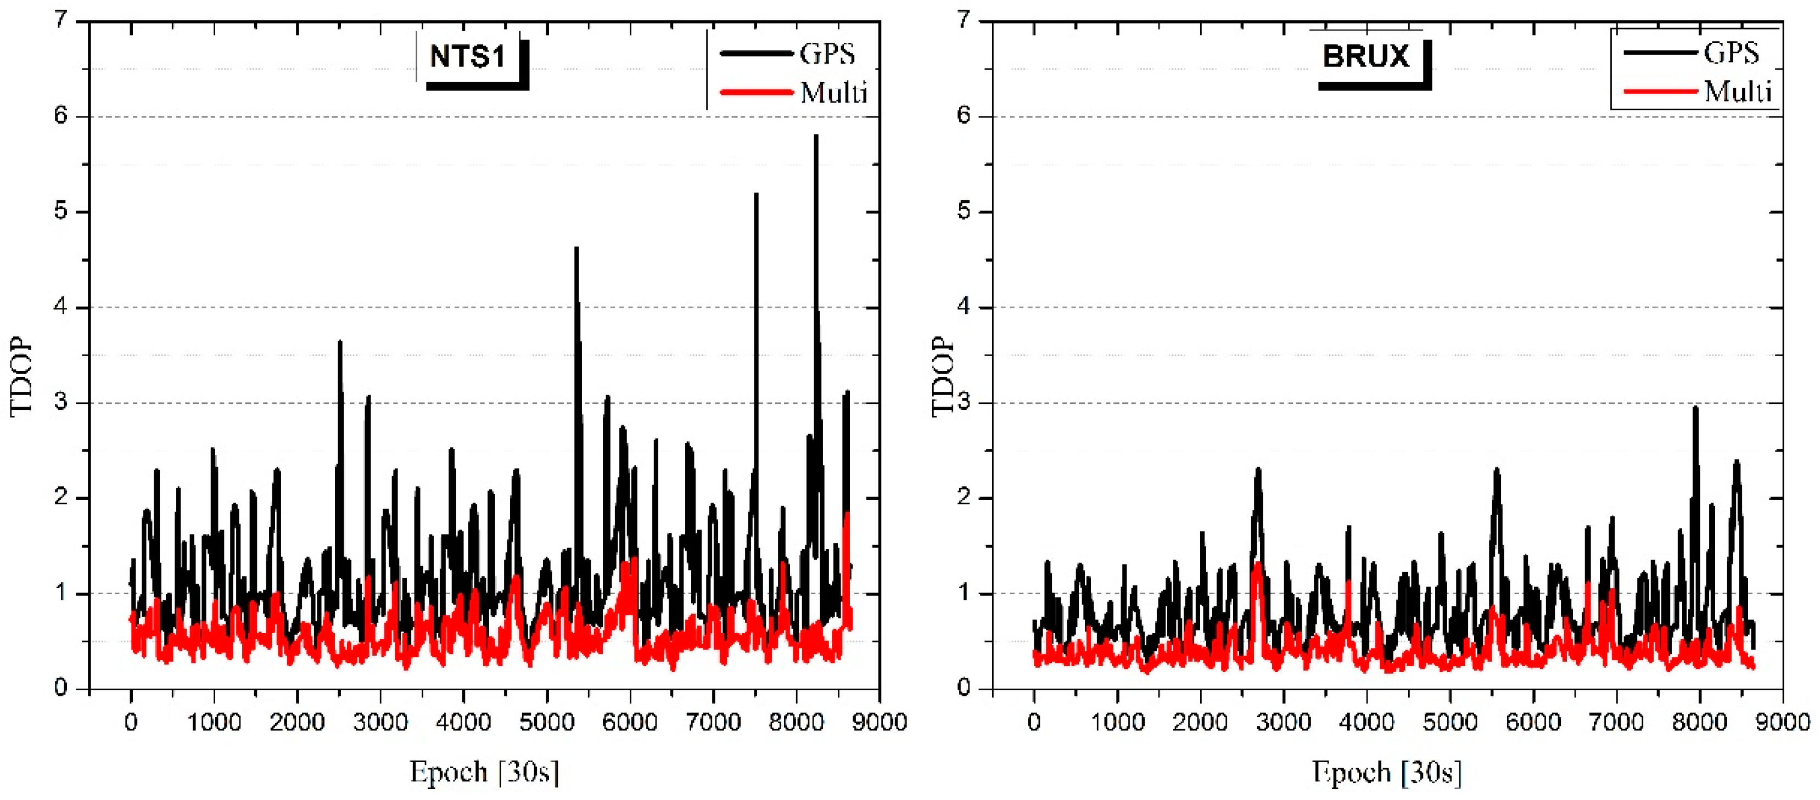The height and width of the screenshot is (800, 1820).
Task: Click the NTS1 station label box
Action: coord(468,57)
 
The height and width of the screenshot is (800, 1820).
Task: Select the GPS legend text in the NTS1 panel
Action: coord(827,54)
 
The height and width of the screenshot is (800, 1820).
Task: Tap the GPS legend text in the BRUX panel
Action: coord(1731,53)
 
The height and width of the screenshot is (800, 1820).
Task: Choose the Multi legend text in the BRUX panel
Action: coord(1738,92)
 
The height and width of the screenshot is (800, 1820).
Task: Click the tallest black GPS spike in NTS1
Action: coord(816,137)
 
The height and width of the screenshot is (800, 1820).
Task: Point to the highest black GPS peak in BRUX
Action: coord(1695,409)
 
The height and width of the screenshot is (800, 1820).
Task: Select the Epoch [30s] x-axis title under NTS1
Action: coord(485,772)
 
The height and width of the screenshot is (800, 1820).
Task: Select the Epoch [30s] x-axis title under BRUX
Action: coord(1387,772)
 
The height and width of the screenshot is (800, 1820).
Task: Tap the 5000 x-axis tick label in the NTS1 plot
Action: coord(546,722)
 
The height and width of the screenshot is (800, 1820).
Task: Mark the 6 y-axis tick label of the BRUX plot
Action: coord(964,116)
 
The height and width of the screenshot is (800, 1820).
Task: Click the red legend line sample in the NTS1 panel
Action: coord(756,92)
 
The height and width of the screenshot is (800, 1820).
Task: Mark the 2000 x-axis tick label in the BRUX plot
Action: coord(1200,722)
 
